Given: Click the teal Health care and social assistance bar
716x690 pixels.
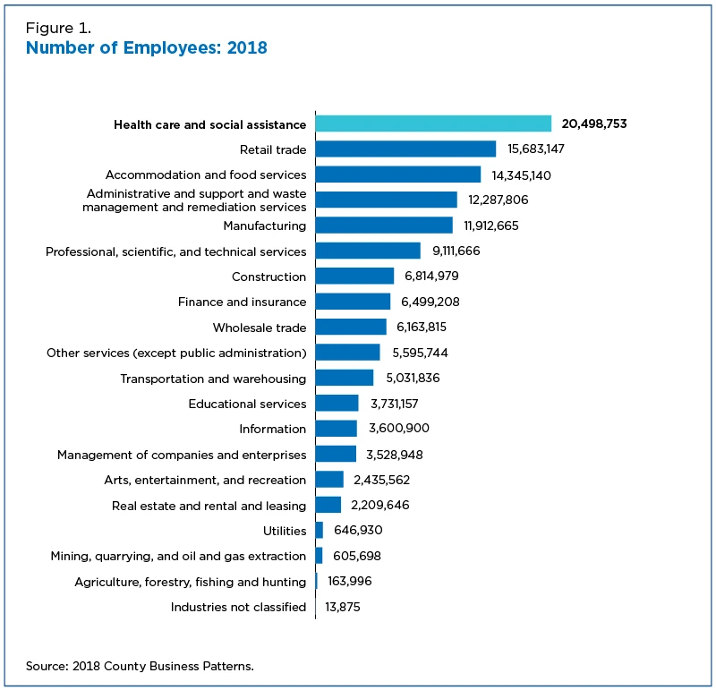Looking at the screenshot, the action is coord(433,124).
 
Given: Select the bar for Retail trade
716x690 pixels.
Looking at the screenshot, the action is coord(405,149).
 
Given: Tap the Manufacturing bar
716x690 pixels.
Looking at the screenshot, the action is coord(384,226).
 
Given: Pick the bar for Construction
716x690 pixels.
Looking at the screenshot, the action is coord(354,276).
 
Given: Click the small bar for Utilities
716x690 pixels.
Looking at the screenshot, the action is coord(320,530).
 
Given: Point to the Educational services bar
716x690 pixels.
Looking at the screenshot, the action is coord(337,404).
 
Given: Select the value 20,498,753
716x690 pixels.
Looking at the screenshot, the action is coord(594,124).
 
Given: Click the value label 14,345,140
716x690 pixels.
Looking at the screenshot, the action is coord(521,175).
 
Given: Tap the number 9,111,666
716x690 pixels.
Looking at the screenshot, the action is coord(456,251).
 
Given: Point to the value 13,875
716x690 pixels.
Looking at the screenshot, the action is coord(343,607).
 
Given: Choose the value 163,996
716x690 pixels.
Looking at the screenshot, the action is coord(350,581).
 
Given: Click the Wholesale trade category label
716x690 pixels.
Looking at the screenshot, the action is coord(260,328).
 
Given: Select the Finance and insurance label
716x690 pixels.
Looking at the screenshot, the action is coord(242,302).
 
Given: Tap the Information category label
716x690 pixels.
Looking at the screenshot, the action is coord(273,429).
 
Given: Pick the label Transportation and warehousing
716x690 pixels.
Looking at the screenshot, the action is coord(213,379).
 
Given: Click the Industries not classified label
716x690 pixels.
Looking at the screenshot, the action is coord(238,607).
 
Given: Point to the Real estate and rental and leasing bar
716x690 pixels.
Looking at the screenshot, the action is coord(328,505).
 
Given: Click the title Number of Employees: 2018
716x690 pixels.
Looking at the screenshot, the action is coord(147,47).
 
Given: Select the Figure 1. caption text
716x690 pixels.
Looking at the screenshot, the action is coord(58,29).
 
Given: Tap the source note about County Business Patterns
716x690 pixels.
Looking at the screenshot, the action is coord(140,666).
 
